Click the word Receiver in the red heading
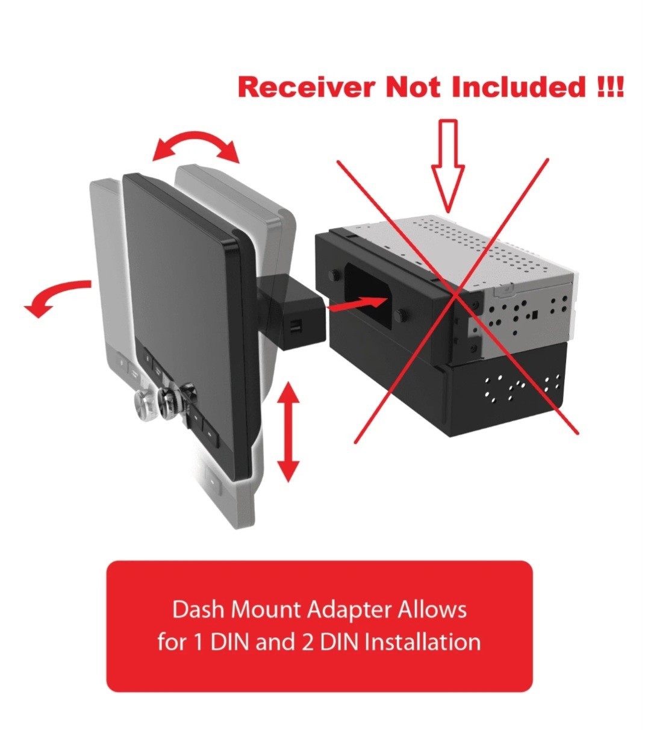[307, 87]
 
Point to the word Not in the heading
[413, 87]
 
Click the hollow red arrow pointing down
[448, 166]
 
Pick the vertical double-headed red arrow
[288, 432]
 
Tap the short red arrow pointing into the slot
[355, 304]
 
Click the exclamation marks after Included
[609, 87]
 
